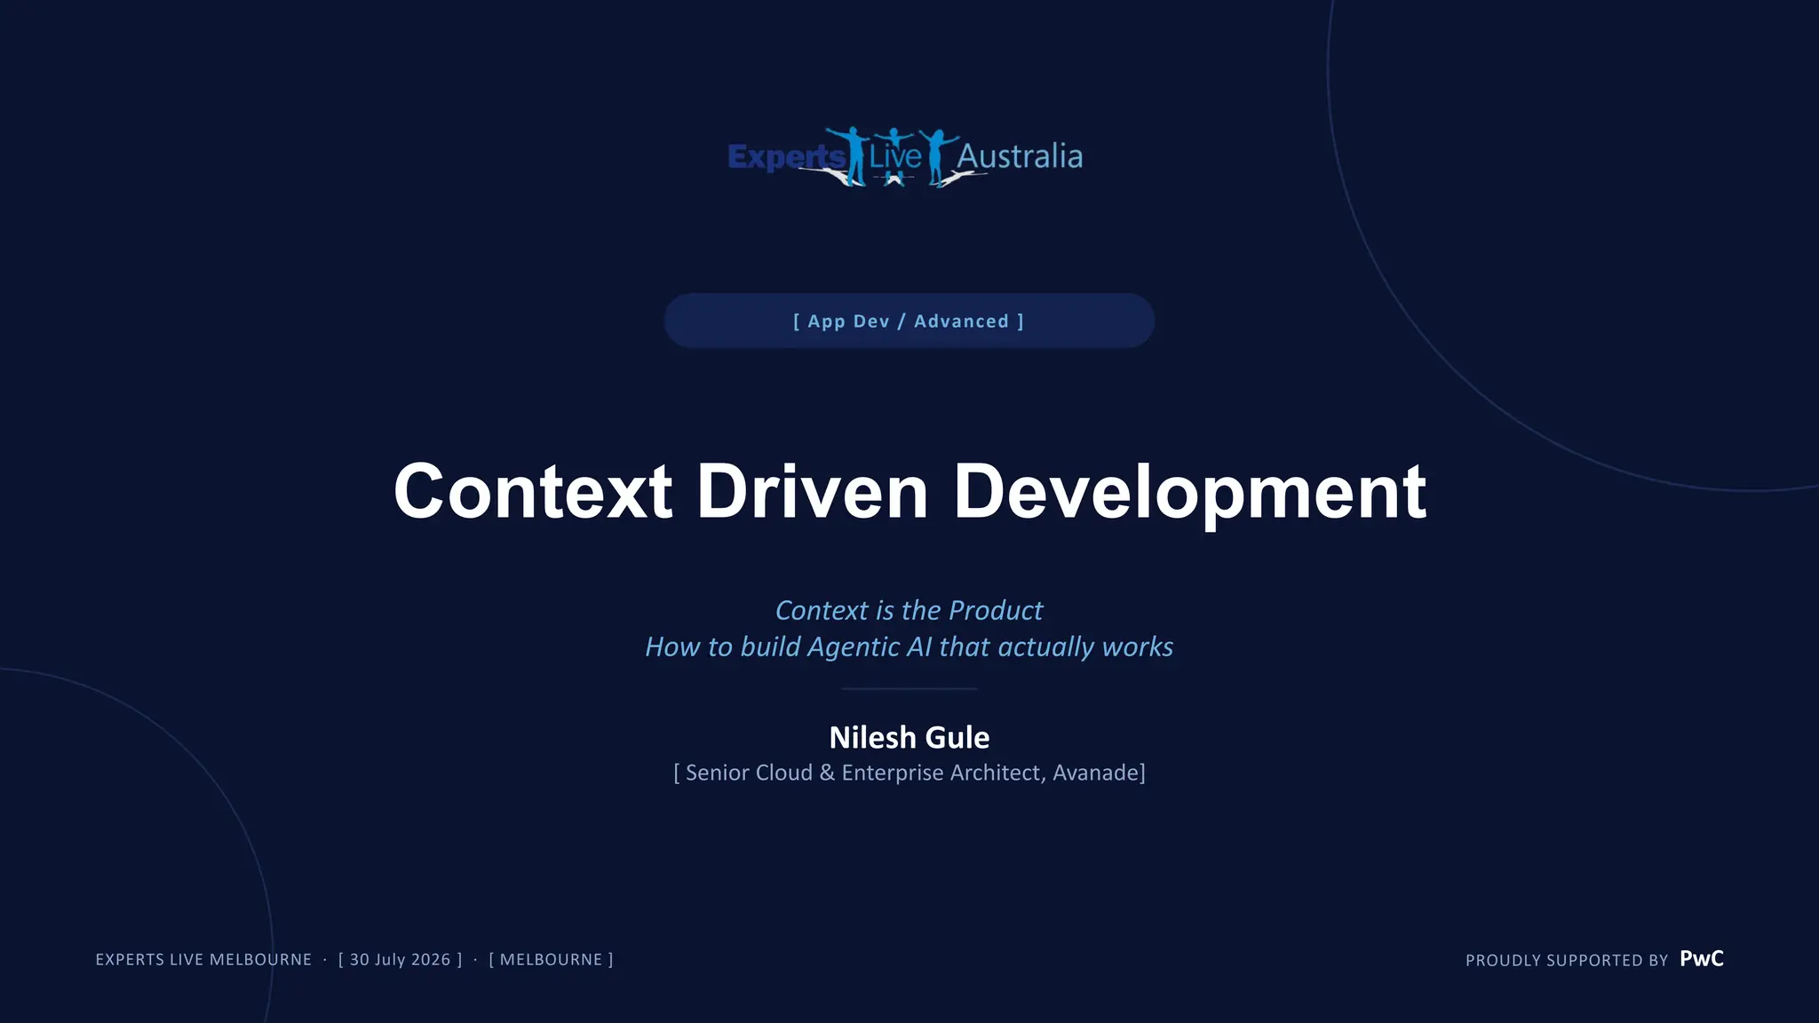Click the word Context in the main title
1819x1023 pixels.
coord(533,491)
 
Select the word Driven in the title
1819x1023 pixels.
coord(813,491)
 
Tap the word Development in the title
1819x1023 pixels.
coord(1190,494)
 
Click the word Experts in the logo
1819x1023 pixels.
coord(785,157)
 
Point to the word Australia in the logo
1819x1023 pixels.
coord(1020,156)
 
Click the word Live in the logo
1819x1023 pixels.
coord(895,156)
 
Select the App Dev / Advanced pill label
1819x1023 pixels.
coord(909,321)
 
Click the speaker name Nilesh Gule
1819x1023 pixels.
coord(909,737)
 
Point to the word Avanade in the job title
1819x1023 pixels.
coord(1096,773)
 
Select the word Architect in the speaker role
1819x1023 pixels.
coord(997,773)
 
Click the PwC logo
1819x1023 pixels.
coord(1702,959)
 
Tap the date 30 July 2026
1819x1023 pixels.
coord(400,960)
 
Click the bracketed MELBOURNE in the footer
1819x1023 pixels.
coord(551,960)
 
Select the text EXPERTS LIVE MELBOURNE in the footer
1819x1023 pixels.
coord(203,960)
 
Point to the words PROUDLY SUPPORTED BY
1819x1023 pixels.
coord(1567,961)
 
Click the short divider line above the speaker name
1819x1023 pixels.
coord(909,688)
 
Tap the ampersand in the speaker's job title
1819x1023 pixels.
coord(827,773)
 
